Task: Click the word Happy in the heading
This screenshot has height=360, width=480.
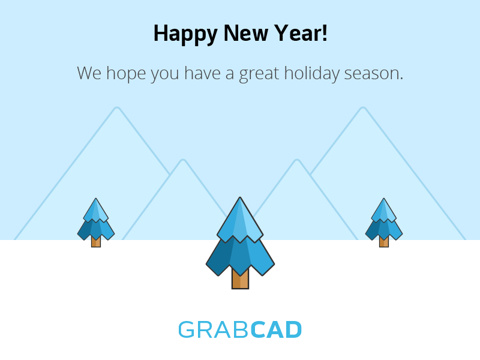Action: pyautogui.click(x=185, y=34)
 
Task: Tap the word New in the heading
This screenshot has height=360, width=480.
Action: pyautogui.click(x=246, y=33)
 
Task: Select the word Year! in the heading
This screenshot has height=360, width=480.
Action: pyautogui.click(x=301, y=33)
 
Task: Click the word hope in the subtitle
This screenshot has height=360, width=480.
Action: pyautogui.click(x=126, y=74)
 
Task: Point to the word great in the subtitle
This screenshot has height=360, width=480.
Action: pyautogui.click(x=259, y=74)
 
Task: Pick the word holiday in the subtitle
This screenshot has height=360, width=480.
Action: pyautogui.click(x=311, y=74)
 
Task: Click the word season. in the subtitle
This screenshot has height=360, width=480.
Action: pyautogui.click(x=373, y=74)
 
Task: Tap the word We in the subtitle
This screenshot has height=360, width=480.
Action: pyautogui.click(x=89, y=73)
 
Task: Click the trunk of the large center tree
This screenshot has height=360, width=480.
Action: pyautogui.click(x=241, y=278)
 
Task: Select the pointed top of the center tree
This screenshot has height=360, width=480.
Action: pyautogui.click(x=240, y=198)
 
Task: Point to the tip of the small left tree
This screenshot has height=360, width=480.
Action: pyautogui.click(x=96, y=199)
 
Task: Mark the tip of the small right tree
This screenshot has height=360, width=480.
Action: pyautogui.click(x=384, y=199)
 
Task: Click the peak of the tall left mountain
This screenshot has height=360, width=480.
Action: pyautogui.click(x=116, y=108)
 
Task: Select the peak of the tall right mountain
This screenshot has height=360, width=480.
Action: pyautogui.click(x=363, y=108)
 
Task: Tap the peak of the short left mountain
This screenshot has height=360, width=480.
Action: pyautogui.click(x=183, y=160)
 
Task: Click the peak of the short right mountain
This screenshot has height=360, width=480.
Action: pyautogui.click(x=296, y=160)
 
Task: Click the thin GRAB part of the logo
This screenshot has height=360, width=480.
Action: pyautogui.click(x=214, y=329)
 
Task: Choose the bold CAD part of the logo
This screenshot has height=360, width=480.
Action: pyautogui.click(x=276, y=329)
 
